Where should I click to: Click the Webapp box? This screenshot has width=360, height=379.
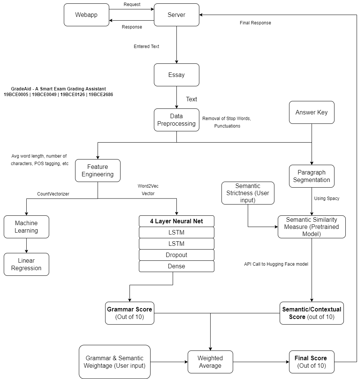[x=86, y=15]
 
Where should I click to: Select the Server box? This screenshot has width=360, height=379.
[x=176, y=15]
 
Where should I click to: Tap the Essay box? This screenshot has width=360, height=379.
[x=176, y=75]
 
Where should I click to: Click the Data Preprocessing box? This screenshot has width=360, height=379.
[x=176, y=120]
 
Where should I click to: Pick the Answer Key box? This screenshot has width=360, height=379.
[x=312, y=112]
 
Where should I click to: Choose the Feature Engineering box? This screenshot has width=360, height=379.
[x=98, y=170]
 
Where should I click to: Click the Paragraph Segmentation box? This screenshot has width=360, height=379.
[x=312, y=176]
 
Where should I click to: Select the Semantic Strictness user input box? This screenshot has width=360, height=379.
[x=248, y=193]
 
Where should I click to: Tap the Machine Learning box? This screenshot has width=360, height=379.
[x=26, y=227]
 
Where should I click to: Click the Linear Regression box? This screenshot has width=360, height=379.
[x=26, y=264]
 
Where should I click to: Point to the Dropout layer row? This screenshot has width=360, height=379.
[x=176, y=255]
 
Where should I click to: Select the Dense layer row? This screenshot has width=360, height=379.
[x=176, y=266]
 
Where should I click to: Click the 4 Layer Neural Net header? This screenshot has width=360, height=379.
[x=176, y=221]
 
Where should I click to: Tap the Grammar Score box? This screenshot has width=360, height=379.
[x=130, y=313]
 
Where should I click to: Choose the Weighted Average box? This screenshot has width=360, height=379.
[x=210, y=362]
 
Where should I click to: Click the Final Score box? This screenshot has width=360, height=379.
[x=312, y=362]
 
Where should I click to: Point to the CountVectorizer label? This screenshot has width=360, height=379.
[x=53, y=194]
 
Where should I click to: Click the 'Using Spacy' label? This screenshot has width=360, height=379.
[x=327, y=198]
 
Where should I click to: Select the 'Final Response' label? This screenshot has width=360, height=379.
[x=255, y=23]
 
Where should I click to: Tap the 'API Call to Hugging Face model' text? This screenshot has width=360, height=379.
[x=276, y=264]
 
